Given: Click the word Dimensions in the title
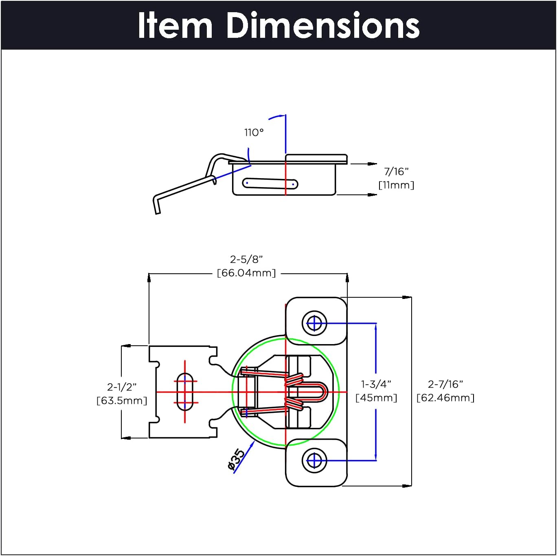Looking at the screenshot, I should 322,26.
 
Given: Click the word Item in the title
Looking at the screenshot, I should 175,26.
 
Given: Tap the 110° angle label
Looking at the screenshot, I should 254,133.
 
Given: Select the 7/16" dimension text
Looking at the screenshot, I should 396,172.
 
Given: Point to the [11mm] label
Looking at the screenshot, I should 396,185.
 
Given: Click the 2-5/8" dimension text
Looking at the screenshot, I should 246,259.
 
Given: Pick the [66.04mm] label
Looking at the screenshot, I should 246,273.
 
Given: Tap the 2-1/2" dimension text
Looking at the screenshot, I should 122,387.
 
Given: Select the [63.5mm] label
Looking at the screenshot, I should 122,401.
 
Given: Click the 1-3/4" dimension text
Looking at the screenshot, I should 376,384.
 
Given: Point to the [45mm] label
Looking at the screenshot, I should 376,398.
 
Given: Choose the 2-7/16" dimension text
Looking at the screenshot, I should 445,384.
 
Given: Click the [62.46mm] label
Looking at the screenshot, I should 445,398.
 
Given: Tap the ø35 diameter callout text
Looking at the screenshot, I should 236,460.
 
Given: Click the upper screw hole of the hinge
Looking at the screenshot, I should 314,324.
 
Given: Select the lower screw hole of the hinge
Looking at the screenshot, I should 314,461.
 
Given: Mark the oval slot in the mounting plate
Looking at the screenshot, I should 185,392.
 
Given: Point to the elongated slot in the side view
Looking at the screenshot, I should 270,184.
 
